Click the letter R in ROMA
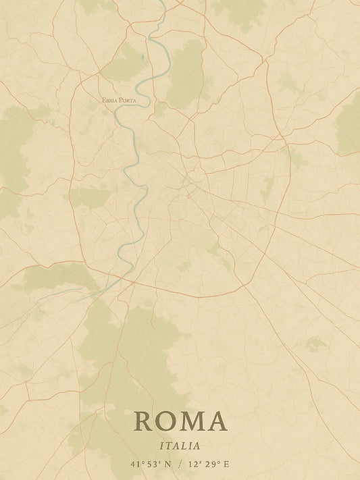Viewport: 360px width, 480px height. pyautogui.click(x=144, y=421)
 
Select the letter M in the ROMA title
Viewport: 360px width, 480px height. pyautogui.click(x=192, y=421)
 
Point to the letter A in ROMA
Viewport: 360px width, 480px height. pyautogui.click(x=217, y=421)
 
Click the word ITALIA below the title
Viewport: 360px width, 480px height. pyautogui.click(x=180, y=446)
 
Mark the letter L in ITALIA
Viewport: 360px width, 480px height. pyautogui.click(x=185, y=446)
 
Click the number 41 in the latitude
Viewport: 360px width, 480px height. pyautogui.click(x=136, y=464)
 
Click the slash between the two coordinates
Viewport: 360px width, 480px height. pyautogui.click(x=180, y=464)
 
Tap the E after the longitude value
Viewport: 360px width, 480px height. pyautogui.click(x=226, y=464)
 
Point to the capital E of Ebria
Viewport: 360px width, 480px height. pyautogui.click(x=103, y=100)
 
